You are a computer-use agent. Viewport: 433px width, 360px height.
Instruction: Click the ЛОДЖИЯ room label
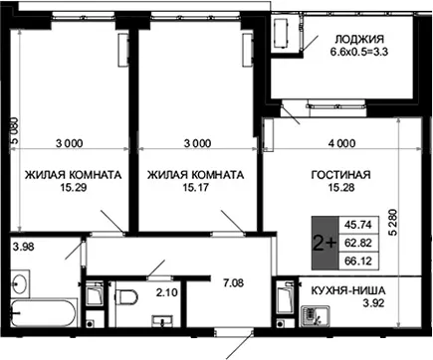[x=359, y=39]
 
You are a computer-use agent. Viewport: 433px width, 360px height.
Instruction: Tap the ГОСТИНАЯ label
[x=341, y=175]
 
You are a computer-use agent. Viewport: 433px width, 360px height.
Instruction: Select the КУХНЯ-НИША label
[x=348, y=290]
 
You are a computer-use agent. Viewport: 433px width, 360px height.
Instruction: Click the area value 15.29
[x=74, y=188]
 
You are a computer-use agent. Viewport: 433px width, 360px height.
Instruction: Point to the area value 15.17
[x=196, y=188]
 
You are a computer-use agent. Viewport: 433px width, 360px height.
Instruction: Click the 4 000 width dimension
[x=342, y=143]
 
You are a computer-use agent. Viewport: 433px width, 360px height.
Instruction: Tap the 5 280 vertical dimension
[x=392, y=222]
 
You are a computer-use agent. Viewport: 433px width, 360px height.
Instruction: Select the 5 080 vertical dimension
[x=14, y=131]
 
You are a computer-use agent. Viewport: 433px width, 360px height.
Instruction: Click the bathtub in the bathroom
[x=44, y=312]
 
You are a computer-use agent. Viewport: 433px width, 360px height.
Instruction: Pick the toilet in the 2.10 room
[x=126, y=296]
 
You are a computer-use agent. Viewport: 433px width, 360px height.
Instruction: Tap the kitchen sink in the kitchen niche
[x=316, y=316]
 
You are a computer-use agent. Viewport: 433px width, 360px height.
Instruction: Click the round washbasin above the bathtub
[x=20, y=282]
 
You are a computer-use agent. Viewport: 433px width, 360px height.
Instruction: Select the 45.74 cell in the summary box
[x=357, y=225]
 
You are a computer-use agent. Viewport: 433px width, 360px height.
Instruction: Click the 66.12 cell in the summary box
[x=357, y=261]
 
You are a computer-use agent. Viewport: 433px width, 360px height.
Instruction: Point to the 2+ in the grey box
[x=325, y=244]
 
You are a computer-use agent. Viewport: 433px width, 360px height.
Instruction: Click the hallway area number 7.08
[x=233, y=282]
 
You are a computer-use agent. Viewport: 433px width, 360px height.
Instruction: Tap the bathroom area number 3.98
[x=23, y=247]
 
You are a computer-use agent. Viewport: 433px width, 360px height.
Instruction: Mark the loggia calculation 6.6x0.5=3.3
[x=359, y=52]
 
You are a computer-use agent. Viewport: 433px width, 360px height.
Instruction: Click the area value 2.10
[x=166, y=292]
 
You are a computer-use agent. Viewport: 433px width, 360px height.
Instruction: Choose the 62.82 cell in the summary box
[x=357, y=243]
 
